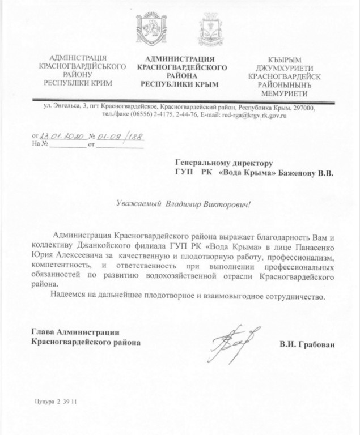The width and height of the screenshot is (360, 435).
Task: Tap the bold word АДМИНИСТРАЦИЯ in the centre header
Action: tap(180, 59)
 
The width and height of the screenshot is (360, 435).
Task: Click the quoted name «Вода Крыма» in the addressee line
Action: tap(246, 171)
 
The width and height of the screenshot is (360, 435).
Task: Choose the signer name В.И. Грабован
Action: tap(306, 343)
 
